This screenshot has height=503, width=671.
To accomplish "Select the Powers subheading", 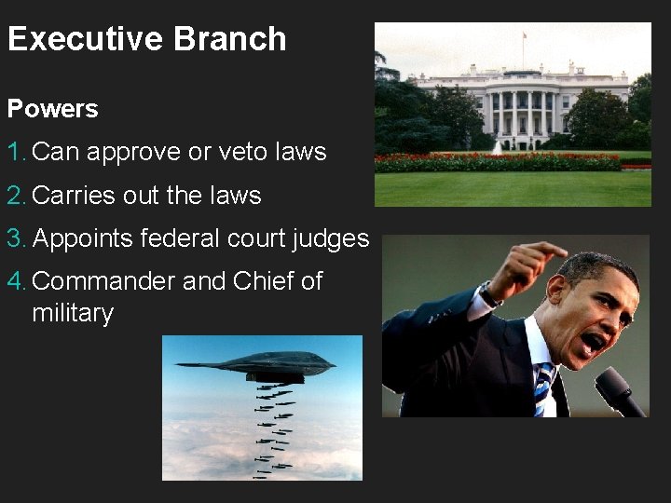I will tap(52, 109).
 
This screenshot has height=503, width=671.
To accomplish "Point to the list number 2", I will tap(15, 196).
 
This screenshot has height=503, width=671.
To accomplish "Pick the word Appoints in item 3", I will tap(83, 239).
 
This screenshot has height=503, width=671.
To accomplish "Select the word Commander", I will tap(103, 281).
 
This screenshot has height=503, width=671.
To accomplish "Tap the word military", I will tap(72, 313).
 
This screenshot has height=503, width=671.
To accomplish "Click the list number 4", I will tap(15, 281).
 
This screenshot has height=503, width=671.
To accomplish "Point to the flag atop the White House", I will tap(523, 37).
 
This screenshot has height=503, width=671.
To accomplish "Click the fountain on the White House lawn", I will tap(499, 146).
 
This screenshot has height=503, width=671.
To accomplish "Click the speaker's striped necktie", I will tap(542, 387).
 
